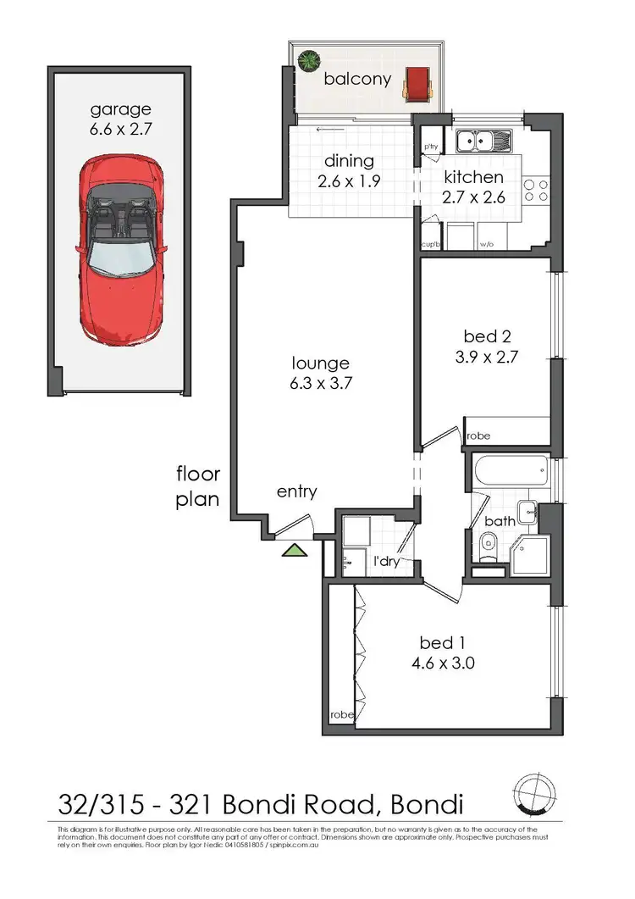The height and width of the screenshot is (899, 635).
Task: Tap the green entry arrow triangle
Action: [294, 550]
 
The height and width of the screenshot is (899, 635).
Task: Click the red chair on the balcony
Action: [417, 82]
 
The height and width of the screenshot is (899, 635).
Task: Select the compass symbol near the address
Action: [533, 796]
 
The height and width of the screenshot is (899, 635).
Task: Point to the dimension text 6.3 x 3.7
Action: [318, 382]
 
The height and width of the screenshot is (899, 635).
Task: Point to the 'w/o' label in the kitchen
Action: [487, 245]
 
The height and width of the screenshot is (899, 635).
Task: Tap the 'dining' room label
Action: [351, 161]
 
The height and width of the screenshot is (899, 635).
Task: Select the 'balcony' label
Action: [358, 80]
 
